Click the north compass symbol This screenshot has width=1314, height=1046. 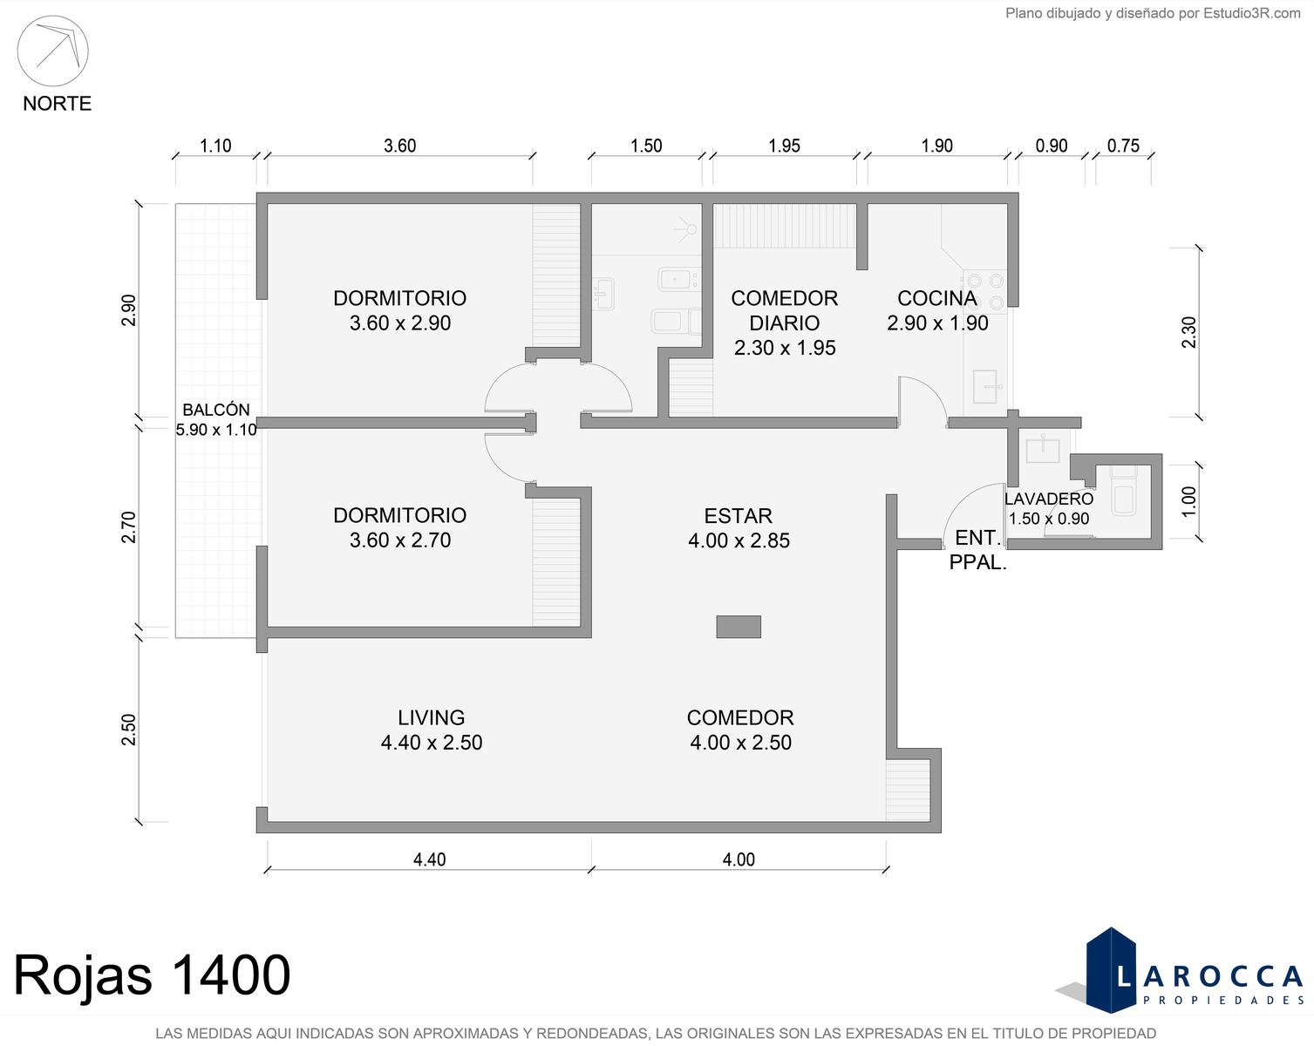[x=52, y=51]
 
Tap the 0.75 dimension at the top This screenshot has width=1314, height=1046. [x=1123, y=146]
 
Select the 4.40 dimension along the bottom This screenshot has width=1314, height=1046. [x=430, y=859]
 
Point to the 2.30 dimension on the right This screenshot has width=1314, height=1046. [x=1188, y=332]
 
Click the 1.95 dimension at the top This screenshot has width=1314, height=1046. [x=784, y=146]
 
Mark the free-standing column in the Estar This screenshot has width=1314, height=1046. [x=739, y=627]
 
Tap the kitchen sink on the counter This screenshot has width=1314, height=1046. [x=985, y=386]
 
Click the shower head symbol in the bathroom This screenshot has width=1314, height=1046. [x=688, y=229]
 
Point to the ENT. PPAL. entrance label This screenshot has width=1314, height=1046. [x=977, y=549]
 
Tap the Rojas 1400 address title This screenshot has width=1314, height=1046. [x=152, y=975]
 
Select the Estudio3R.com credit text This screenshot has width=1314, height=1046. [x=1153, y=13]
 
